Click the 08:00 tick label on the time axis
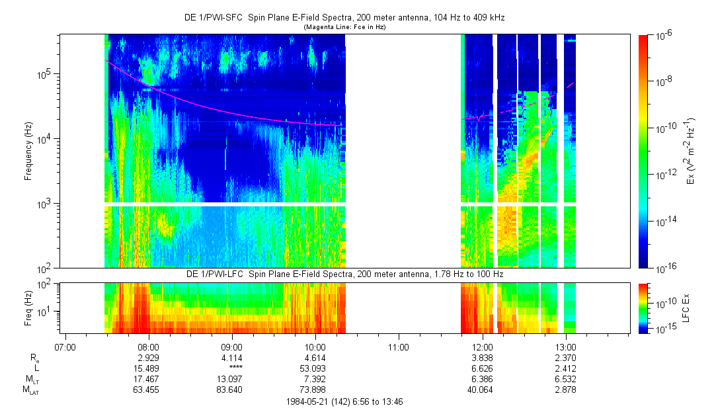(148, 347)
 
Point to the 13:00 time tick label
(566, 347)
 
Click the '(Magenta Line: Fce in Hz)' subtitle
(344, 27)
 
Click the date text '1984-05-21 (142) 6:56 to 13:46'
(345, 401)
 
